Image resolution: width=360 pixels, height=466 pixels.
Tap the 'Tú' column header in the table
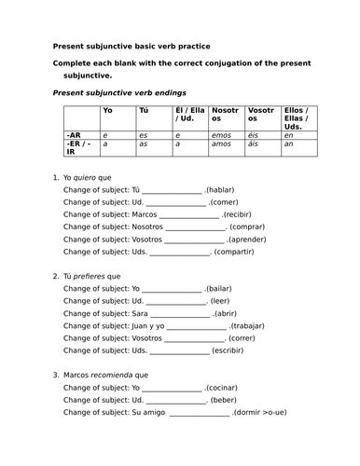(143, 111)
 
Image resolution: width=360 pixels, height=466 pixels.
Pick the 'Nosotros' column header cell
(225, 116)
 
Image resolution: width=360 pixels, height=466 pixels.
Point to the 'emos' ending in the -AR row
(222, 135)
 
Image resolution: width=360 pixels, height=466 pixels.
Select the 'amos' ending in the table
(222, 144)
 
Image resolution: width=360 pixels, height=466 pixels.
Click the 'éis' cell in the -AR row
(254, 135)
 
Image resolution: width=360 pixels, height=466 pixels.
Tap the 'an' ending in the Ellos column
(288, 144)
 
